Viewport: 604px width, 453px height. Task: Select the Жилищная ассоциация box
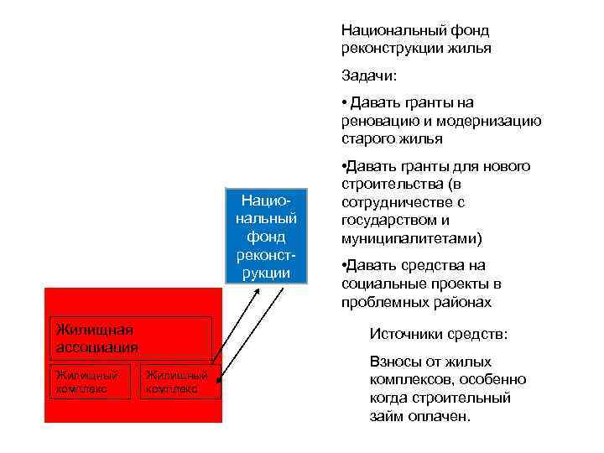(130, 338)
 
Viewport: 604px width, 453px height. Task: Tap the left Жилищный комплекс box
(90, 382)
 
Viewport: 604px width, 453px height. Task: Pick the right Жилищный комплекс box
(180, 382)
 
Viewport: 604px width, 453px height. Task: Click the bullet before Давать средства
(345, 266)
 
